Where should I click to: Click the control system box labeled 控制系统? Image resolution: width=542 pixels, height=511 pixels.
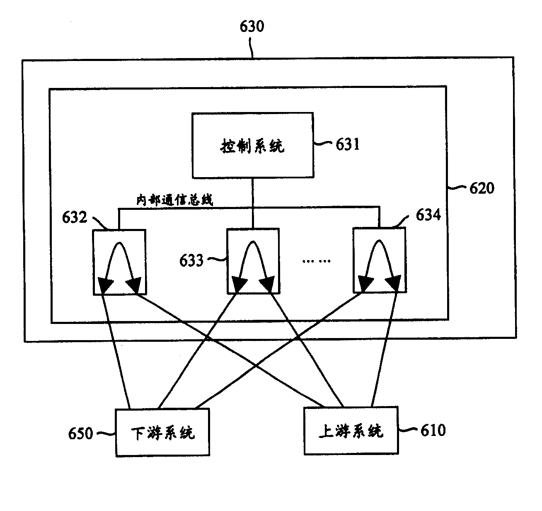point(252,145)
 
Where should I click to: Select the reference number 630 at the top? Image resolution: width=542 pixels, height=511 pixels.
point(252,27)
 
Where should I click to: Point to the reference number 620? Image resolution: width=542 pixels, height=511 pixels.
point(481,188)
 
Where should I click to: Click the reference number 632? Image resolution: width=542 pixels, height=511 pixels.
point(75,217)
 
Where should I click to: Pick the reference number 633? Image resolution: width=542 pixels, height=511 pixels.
point(191,260)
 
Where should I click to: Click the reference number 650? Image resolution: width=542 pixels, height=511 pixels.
point(81,434)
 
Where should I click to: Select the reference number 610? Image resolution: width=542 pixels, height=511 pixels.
point(433,430)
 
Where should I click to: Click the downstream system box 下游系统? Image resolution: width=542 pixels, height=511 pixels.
point(162,433)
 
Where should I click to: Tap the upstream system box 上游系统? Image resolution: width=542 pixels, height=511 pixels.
point(351,431)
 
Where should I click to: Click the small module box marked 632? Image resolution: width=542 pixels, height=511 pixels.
point(119,262)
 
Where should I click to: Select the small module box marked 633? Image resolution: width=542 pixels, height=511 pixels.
point(253,260)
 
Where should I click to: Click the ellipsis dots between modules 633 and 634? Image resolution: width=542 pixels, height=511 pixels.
point(317,261)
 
